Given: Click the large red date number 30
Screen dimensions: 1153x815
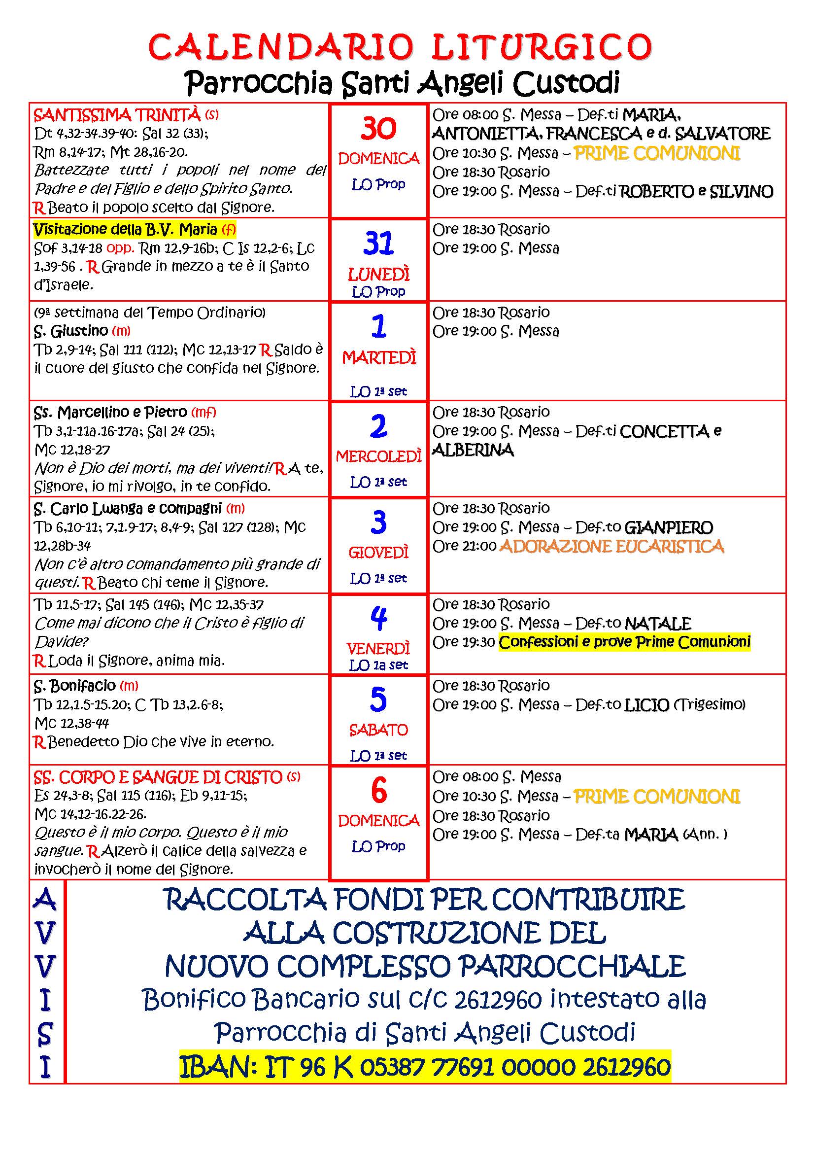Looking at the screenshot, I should point(378,129).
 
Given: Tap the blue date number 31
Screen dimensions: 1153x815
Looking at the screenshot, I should point(378,243).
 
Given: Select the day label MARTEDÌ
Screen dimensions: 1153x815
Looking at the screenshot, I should point(379,357).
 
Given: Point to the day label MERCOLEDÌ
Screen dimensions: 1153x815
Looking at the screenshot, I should point(378,456).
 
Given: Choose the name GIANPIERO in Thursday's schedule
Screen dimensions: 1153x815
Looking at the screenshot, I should point(669,527).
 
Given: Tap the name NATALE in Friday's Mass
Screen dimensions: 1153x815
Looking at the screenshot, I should point(658,624).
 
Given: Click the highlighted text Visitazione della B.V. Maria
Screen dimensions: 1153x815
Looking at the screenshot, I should point(126,230).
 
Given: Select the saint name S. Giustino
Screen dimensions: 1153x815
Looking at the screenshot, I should point(71,331).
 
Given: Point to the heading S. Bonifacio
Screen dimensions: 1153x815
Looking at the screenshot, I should point(75,686).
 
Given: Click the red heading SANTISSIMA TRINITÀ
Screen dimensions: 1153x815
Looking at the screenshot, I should point(117,115).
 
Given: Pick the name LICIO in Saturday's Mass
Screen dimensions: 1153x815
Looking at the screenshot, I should point(646,705).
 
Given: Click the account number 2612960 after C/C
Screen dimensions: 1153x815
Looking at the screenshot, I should point(497,1000).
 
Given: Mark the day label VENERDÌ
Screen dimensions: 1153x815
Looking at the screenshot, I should point(378,648).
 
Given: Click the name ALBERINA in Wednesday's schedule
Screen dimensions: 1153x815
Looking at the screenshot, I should point(473,450).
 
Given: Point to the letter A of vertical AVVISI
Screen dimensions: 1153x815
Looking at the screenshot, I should point(45,899).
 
